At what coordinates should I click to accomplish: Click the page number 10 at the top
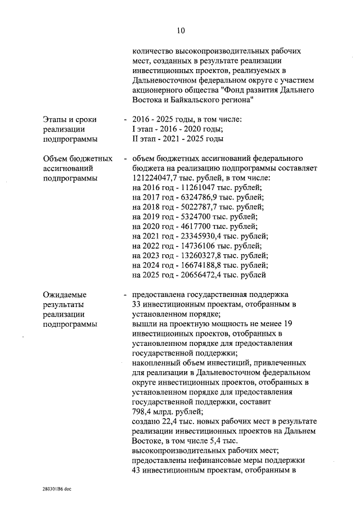(x=180, y=30)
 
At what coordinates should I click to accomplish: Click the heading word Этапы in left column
(x=55, y=120)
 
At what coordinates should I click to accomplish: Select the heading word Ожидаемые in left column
(x=65, y=295)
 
